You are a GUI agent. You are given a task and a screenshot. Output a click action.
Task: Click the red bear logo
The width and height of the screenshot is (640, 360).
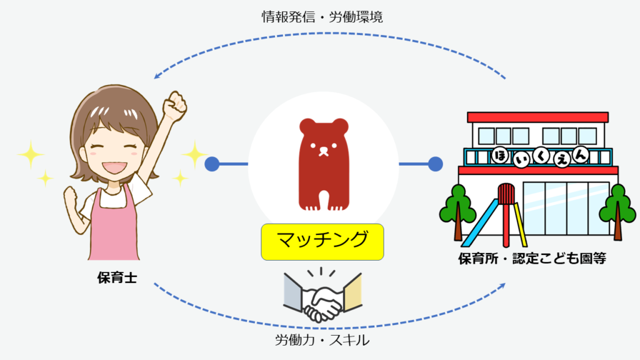(323, 164)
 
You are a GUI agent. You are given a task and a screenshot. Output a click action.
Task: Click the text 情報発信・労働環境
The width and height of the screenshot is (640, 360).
(322, 17)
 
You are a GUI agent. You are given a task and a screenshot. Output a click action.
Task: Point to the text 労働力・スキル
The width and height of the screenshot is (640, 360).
(322, 341)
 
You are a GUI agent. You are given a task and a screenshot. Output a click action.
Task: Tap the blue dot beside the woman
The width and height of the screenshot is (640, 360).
(212, 164)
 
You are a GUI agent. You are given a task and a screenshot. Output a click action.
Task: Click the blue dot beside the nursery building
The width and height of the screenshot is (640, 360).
(435, 164)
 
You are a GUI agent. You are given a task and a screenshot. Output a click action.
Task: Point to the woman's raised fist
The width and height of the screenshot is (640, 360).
(174, 106)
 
